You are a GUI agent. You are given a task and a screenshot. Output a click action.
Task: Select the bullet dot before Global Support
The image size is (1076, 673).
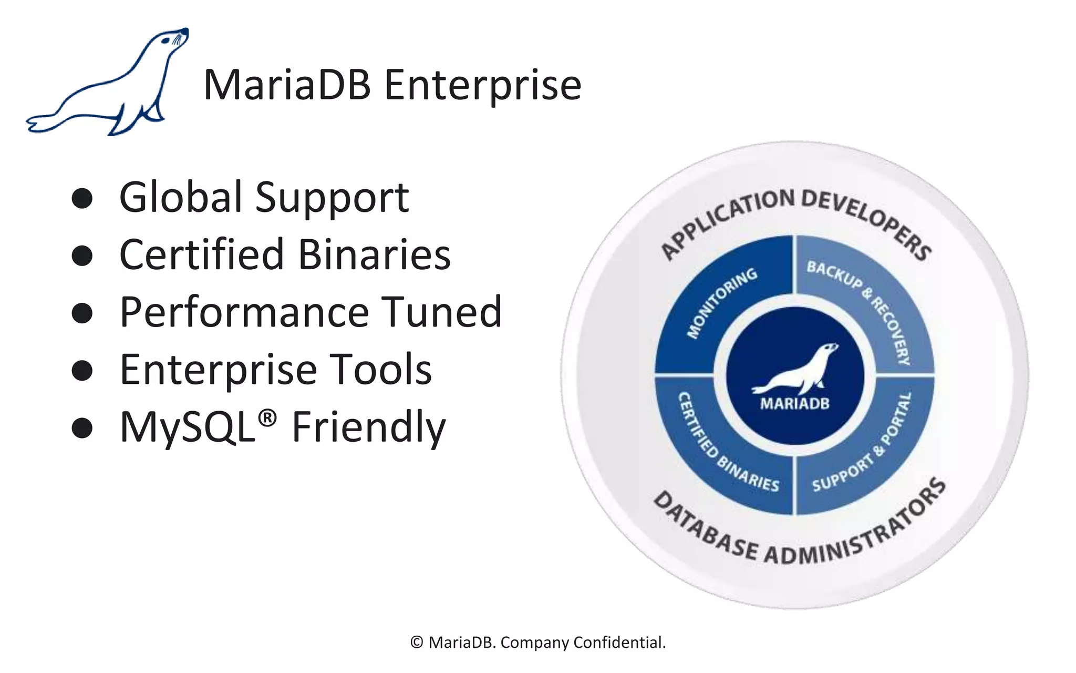point(82,199)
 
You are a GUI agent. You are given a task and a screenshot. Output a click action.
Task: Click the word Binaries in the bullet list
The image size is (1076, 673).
point(374,255)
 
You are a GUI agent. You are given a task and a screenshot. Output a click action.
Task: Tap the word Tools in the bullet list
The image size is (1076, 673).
point(380,370)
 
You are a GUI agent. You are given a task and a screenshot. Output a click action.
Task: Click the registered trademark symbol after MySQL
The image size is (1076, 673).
point(267,418)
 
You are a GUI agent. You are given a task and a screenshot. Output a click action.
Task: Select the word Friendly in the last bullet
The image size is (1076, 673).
point(368,427)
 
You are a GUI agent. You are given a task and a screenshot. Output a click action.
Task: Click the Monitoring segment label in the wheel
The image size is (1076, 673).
point(722,303)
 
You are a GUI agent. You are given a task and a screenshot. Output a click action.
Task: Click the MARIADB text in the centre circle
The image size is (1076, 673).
point(794,404)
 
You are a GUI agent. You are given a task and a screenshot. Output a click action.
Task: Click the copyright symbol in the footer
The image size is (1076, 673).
point(417,643)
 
